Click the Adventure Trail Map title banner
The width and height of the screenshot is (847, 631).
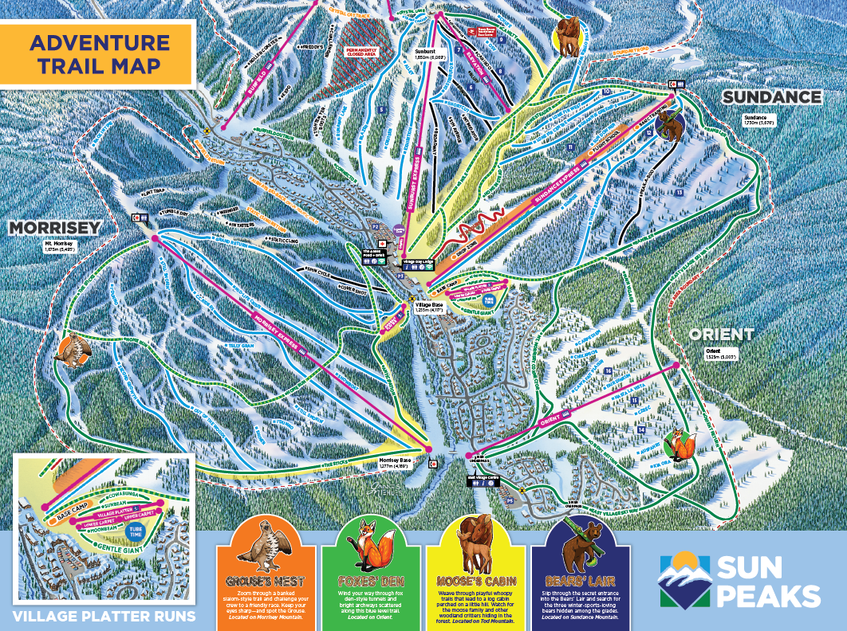click(98, 53)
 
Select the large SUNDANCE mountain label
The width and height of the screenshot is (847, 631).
click(771, 97)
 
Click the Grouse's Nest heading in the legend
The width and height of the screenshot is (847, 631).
click(265, 570)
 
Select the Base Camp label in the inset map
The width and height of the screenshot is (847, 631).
click(74, 515)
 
